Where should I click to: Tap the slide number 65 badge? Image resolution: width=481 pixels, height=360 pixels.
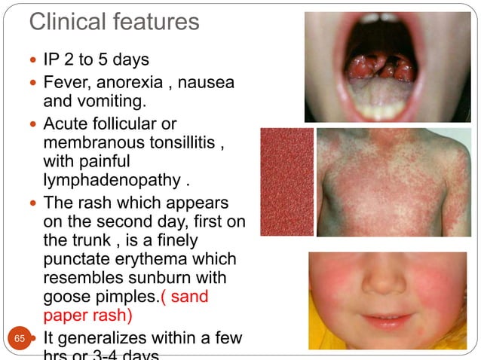20,338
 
